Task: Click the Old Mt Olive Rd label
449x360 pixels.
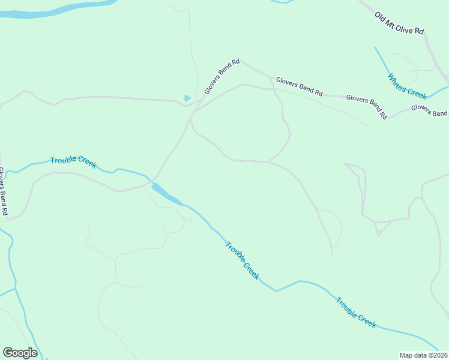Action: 399,22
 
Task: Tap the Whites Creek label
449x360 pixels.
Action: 407,86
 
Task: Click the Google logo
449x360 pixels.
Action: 20,353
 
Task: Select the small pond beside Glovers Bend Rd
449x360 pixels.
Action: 187,98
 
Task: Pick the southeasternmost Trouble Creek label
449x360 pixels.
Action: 356,312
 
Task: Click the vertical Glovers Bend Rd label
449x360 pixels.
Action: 4,191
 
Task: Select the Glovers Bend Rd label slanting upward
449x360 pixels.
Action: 221,76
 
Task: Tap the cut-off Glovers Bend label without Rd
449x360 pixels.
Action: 429,110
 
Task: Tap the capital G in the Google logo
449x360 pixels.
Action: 8,353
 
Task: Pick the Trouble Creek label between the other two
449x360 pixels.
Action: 243,260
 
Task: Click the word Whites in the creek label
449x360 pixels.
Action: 398,80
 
